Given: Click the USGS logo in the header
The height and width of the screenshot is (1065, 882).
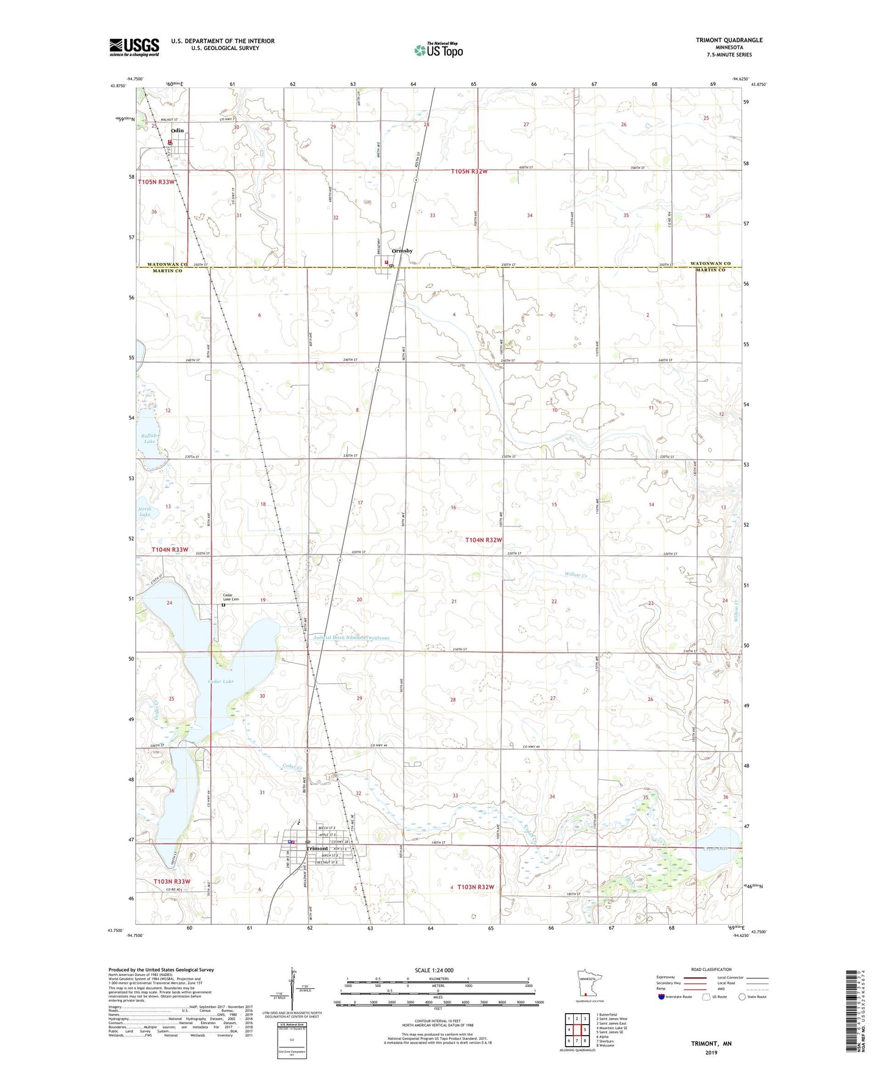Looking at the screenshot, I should pyautogui.click(x=134, y=47).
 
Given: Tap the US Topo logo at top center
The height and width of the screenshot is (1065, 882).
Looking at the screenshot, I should pyautogui.click(x=438, y=50).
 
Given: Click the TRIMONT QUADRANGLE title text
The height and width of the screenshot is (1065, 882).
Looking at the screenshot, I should pyautogui.click(x=729, y=40).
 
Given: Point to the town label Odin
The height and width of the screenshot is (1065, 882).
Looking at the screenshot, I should pyautogui.click(x=177, y=131).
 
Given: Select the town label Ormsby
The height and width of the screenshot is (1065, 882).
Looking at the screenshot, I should pyautogui.click(x=402, y=251).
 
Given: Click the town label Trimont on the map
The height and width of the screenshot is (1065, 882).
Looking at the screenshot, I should pyautogui.click(x=317, y=848).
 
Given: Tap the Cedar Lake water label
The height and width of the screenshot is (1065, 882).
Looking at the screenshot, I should pyautogui.click(x=220, y=681).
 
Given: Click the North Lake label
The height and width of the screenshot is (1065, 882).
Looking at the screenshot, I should pyautogui.click(x=145, y=511).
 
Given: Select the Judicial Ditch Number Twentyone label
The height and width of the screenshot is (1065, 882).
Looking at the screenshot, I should pyautogui.click(x=351, y=638).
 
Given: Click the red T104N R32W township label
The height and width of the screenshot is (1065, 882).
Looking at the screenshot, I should pyautogui.click(x=483, y=540).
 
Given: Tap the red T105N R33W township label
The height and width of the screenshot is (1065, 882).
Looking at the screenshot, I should pyautogui.click(x=156, y=182).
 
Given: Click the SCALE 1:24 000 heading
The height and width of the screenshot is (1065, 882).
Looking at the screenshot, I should pyautogui.click(x=434, y=970).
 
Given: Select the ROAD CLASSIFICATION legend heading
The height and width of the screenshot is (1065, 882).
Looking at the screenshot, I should pyautogui.click(x=710, y=969).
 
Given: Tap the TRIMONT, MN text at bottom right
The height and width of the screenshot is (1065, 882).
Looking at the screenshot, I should pyautogui.click(x=711, y=1044).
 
